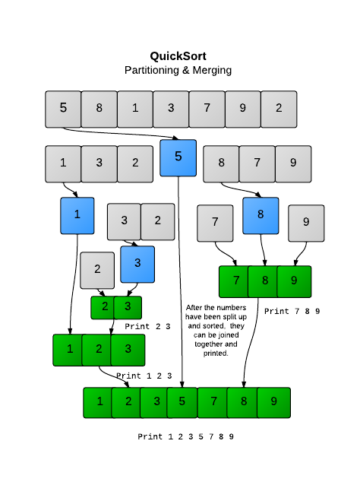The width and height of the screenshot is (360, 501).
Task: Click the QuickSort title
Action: [178, 55]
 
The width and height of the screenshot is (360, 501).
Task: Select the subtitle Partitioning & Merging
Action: [178, 70]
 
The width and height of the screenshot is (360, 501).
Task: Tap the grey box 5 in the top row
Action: [63, 108]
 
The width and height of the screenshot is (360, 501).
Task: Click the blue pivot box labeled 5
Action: [178, 157]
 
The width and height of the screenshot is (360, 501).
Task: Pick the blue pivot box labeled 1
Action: [77, 215]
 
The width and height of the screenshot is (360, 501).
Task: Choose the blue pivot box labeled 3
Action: [137, 264]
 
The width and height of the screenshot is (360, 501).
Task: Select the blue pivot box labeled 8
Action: [261, 215]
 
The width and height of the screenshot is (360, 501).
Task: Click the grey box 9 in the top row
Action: [242, 108]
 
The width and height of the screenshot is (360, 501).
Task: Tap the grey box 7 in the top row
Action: [207, 108]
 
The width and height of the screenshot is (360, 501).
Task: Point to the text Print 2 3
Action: [148, 326]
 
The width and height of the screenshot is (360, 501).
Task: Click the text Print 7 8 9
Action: [292, 311]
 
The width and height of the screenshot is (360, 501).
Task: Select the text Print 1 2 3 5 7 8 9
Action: [185, 436]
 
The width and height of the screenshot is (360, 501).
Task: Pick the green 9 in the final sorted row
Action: [273, 402]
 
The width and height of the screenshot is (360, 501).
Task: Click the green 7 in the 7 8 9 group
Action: [235, 281]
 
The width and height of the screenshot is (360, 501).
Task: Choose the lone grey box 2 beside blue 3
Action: [97, 269]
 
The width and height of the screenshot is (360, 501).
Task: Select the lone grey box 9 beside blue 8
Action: [306, 223]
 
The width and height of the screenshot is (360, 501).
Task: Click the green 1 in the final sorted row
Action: [99, 402]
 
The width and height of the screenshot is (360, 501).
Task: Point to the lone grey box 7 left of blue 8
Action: [216, 223]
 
